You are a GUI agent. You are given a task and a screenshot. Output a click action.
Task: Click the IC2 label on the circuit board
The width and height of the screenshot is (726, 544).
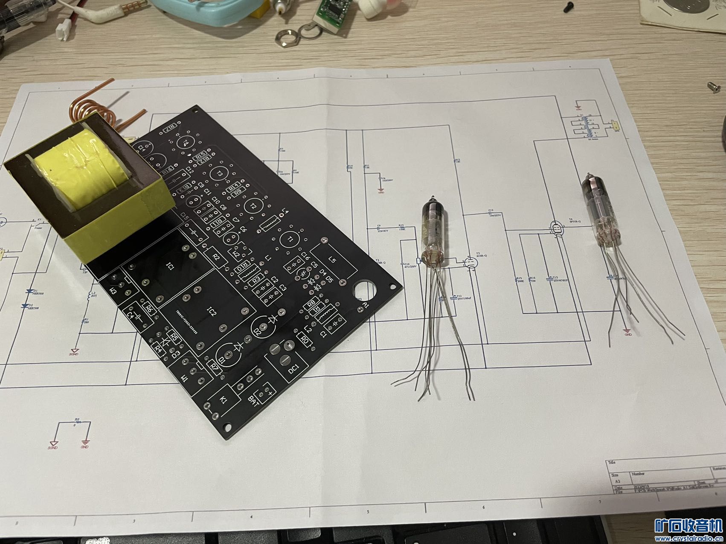212,313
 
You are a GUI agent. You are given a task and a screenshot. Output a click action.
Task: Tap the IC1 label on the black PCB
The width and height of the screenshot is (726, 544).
169,267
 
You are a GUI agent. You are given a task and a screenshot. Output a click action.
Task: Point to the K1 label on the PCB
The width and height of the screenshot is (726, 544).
224,399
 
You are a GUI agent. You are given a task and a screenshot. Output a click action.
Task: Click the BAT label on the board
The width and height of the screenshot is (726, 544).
251,400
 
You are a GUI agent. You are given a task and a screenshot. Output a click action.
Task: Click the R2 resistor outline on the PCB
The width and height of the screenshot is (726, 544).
215,257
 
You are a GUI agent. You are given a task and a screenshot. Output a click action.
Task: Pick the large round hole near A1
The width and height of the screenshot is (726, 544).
364,290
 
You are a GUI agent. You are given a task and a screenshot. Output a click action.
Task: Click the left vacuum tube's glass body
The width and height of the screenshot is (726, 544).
433,230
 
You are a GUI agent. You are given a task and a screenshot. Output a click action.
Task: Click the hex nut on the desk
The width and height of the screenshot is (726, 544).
287,36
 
